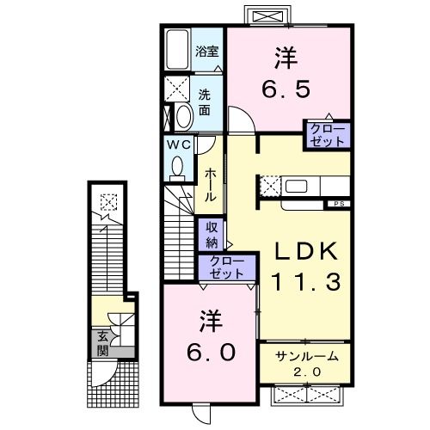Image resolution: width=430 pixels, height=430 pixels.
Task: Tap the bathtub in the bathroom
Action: (x=178, y=53)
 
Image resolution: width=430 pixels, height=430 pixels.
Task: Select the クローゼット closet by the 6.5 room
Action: (x=327, y=136)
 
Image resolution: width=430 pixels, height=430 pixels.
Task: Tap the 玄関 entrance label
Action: (x=101, y=342)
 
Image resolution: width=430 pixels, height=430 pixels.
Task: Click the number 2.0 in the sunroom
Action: (x=307, y=372)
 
